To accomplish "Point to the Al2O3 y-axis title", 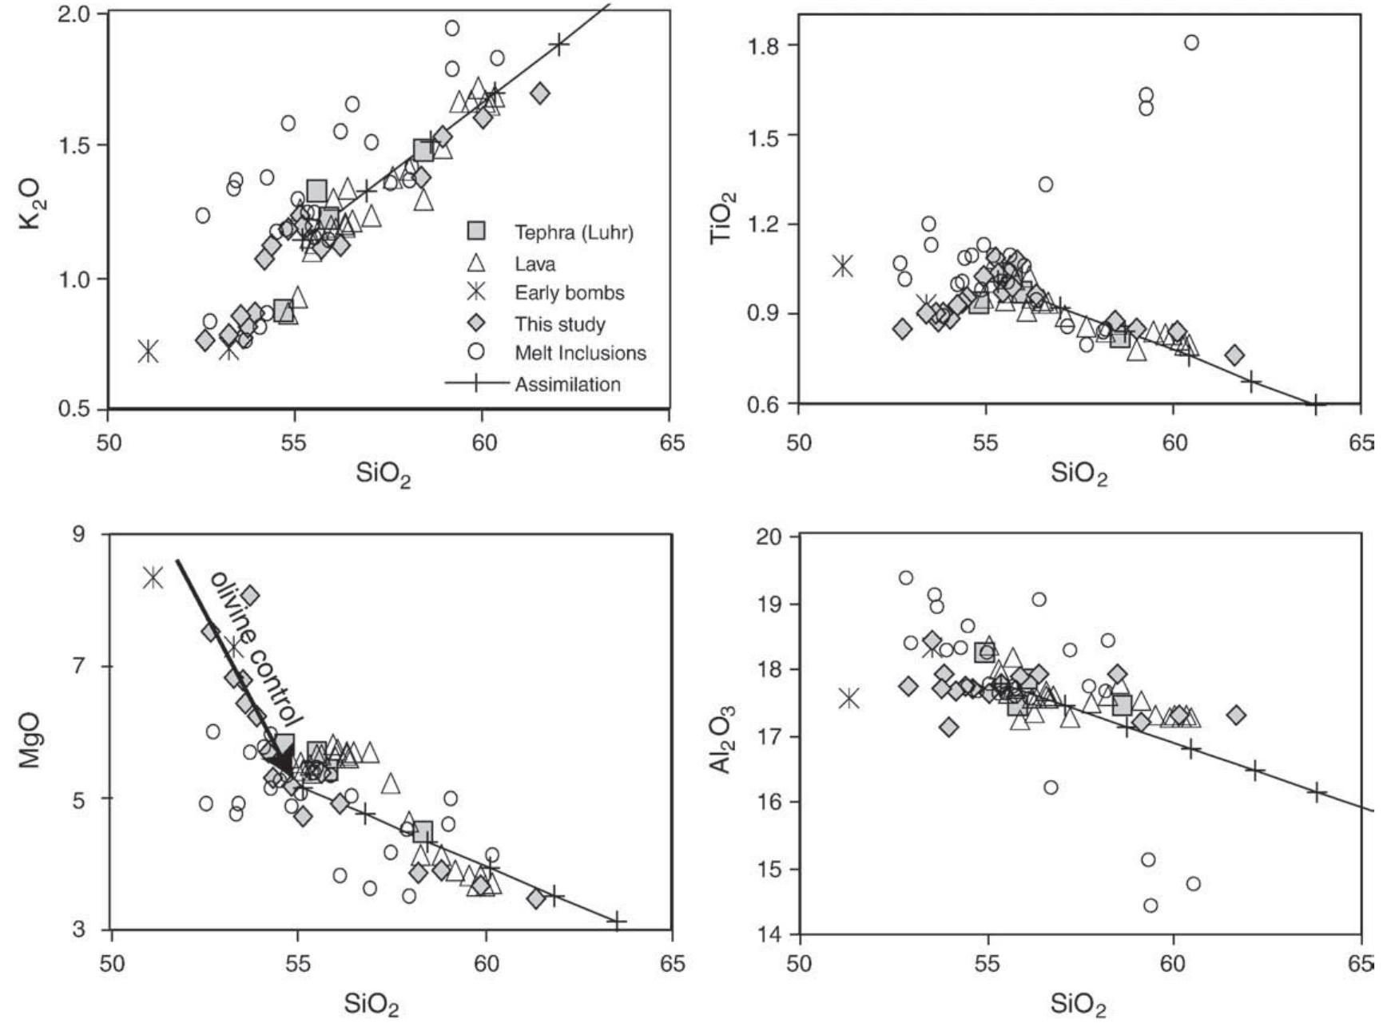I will [x=722, y=739].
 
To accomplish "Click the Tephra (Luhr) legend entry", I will [x=573, y=232].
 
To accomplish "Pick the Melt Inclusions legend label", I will [x=580, y=353].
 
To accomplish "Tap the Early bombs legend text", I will [x=569, y=293].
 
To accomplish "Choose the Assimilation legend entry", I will [x=567, y=384].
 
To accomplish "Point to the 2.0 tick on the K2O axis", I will [x=77, y=14].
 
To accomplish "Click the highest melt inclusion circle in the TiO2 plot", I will [x=1190, y=42].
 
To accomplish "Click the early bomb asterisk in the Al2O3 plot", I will [x=848, y=699].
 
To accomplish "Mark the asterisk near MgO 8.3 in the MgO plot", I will [x=153, y=577].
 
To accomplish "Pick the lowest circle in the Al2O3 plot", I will [x=1151, y=905].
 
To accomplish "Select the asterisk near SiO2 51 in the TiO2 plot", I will [x=842, y=267].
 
